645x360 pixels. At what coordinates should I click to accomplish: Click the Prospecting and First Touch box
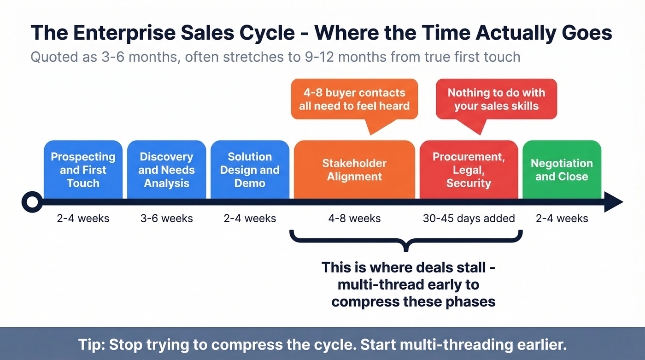[83, 170]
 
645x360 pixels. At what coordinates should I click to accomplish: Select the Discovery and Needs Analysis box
[166, 170]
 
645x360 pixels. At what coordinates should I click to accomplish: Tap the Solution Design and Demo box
[250, 170]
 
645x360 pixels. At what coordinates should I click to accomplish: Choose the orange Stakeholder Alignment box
[354, 170]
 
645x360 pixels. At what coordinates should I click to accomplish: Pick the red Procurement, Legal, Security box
[469, 170]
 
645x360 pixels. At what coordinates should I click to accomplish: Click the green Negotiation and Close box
[562, 170]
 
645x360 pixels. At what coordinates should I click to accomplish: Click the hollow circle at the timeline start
[31, 202]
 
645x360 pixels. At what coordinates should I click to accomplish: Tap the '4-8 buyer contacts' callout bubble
[354, 99]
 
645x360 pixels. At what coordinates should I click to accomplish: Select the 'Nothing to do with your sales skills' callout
[496, 99]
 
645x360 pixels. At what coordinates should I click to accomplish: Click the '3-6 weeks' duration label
[166, 218]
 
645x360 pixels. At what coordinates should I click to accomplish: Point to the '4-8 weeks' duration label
[354, 218]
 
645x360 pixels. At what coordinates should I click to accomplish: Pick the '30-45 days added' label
[469, 218]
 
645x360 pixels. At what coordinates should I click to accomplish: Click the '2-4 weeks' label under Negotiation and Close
[562, 218]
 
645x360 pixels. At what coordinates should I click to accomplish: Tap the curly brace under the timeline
[406, 240]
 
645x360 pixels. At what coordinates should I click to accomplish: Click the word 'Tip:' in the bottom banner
[91, 345]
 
